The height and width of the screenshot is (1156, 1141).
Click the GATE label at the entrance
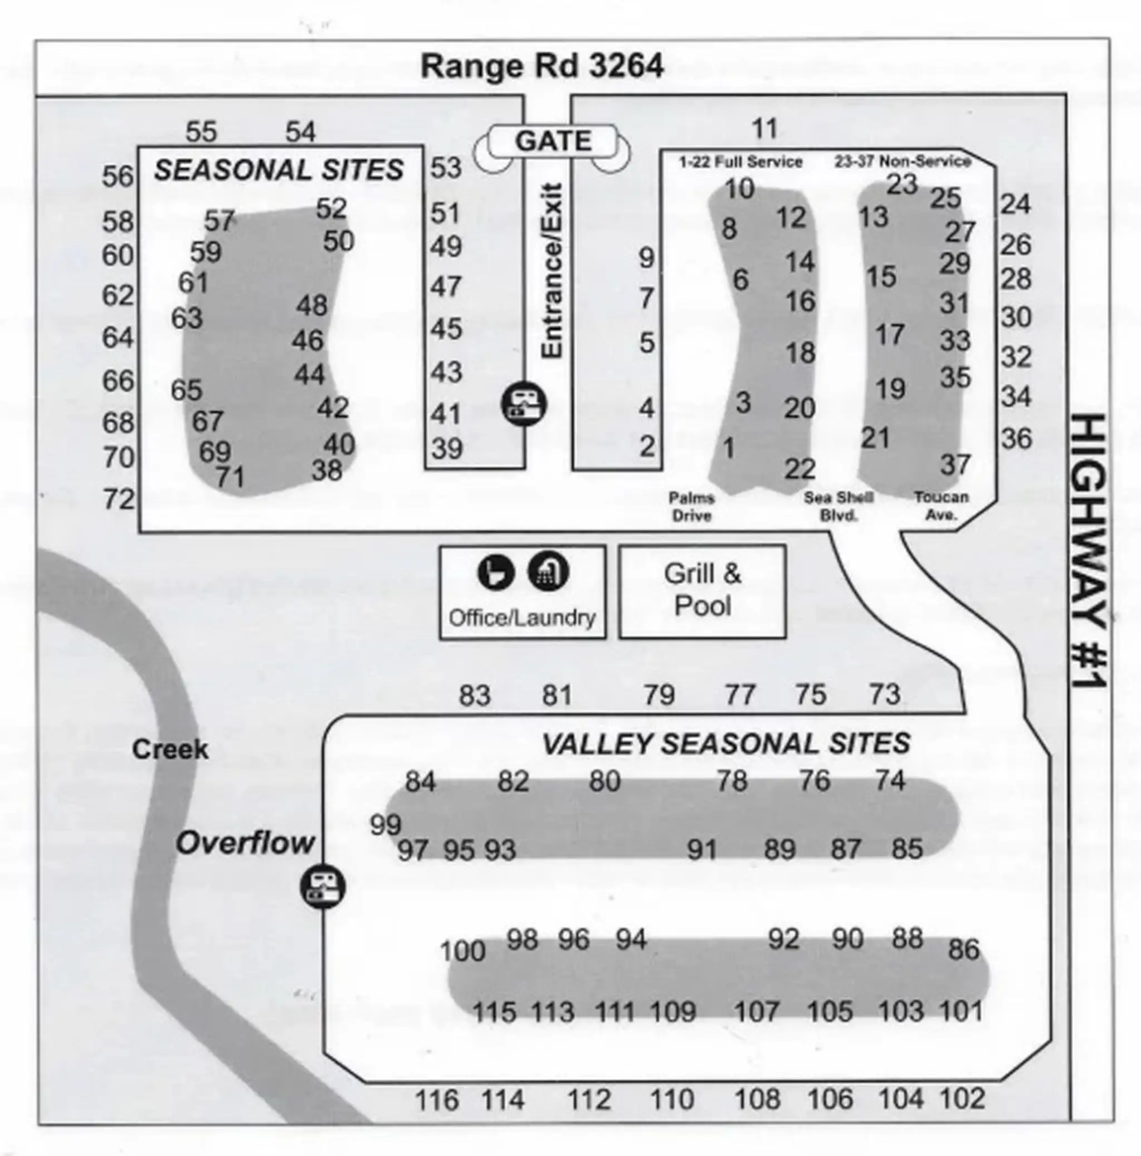click(553, 142)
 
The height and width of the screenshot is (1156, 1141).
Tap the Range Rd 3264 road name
click(542, 66)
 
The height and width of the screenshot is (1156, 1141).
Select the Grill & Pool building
click(701, 591)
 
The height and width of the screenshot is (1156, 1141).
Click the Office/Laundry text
click(522, 618)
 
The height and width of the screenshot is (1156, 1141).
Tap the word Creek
click(170, 749)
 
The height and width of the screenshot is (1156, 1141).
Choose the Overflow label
click(245, 843)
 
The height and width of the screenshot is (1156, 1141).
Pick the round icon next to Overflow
click(323, 886)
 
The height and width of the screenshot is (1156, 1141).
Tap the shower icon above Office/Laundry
click(548, 572)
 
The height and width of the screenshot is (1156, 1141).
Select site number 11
click(764, 128)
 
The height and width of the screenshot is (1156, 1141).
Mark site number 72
click(119, 499)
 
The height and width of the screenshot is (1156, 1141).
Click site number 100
click(462, 951)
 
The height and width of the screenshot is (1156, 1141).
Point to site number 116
click(437, 1100)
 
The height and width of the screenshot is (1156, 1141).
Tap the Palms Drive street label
click(691, 506)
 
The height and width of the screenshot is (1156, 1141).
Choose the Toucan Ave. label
click(941, 506)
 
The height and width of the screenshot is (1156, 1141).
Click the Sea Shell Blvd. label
click(838, 506)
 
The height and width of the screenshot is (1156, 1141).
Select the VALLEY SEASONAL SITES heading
click(725, 744)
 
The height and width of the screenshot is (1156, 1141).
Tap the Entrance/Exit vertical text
click(552, 271)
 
